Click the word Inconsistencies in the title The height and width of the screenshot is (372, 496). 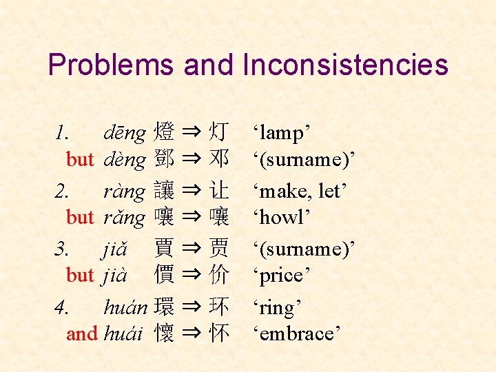[345, 65]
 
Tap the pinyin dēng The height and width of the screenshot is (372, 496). [125, 132]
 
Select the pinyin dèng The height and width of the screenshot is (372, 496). [125, 160]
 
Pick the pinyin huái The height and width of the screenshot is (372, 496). [123, 334]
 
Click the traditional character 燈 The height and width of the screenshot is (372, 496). [165, 131]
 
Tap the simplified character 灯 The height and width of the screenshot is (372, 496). [220, 131]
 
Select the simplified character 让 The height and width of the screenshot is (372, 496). [220, 190]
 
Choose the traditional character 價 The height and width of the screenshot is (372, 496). [165, 275]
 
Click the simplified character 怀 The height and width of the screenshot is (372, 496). [220, 333]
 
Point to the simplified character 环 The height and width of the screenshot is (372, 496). [220, 306]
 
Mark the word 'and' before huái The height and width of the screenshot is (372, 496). [82, 334]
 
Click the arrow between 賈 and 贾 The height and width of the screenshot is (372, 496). [192, 247]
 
